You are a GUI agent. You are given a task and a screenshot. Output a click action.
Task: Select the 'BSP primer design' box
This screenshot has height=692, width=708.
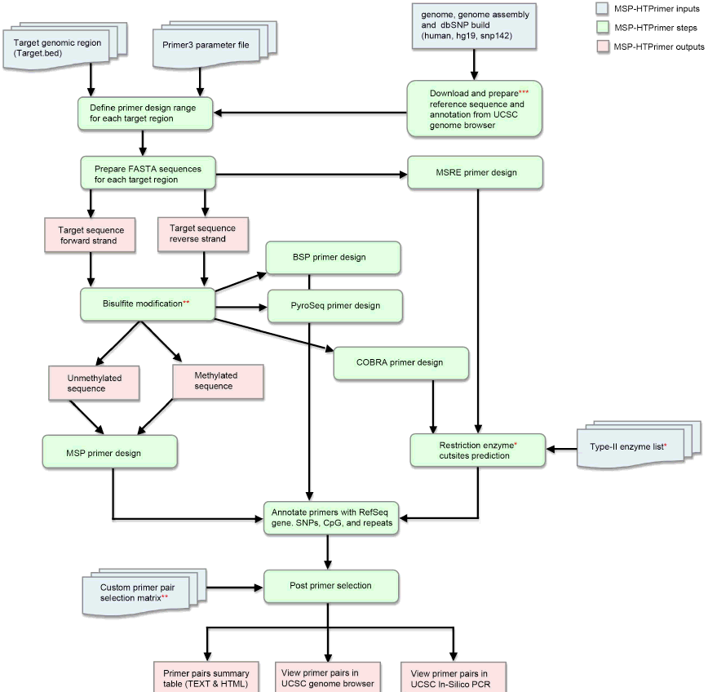point(332,257)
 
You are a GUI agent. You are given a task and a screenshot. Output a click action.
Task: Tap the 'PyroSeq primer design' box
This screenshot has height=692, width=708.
point(334,306)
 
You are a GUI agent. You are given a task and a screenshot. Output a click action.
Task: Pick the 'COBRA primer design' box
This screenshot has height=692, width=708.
point(401,362)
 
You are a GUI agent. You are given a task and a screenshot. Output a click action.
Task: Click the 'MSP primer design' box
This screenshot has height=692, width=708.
point(109,451)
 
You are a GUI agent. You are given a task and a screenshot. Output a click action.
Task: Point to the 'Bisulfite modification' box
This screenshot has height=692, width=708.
point(146,304)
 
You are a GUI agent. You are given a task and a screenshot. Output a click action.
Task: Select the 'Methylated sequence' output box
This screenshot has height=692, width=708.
point(217,381)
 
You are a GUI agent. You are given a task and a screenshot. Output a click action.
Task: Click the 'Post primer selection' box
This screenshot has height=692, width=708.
point(330,585)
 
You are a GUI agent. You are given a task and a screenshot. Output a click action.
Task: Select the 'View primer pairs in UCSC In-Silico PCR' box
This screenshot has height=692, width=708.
point(453,676)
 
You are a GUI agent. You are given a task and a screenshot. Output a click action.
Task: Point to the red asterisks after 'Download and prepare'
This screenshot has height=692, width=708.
point(524,93)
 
